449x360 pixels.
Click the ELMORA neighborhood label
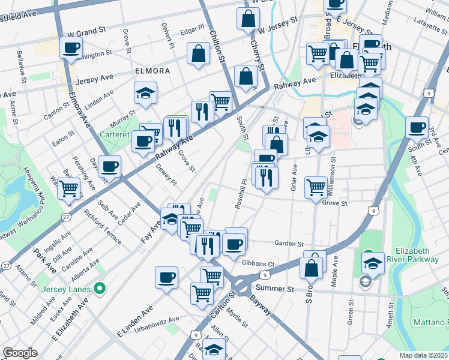[x=152, y=71]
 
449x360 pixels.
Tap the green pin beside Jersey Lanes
[x=101, y=290]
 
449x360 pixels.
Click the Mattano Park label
[x=430, y=322]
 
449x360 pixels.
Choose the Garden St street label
[x=289, y=244]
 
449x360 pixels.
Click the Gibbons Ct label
[x=258, y=263]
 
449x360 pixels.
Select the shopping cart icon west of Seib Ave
[x=70, y=188]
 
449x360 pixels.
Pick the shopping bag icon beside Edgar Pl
[x=198, y=54]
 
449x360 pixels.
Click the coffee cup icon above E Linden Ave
[x=167, y=278]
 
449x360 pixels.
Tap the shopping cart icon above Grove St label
[x=316, y=187]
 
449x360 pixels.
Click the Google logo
[x=20, y=353]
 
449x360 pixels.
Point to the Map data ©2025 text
[x=423, y=355]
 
